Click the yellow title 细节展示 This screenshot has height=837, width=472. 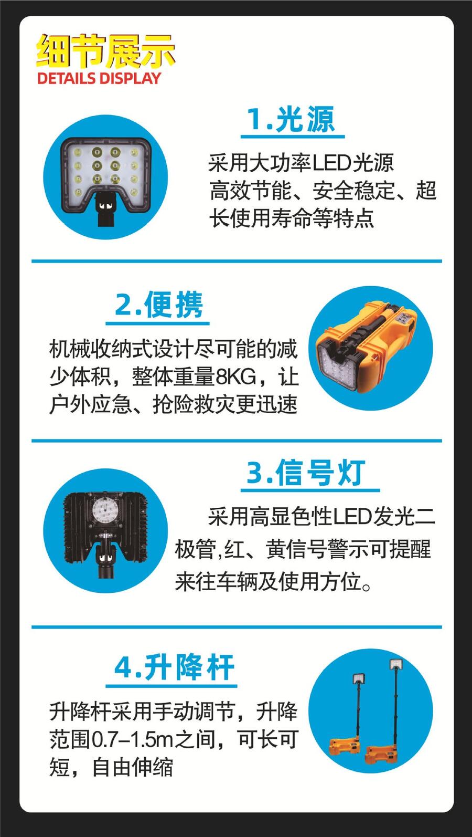[105, 50]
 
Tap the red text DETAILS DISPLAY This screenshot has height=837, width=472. [99, 78]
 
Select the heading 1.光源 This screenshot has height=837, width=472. [291, 119]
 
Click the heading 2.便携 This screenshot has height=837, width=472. [158, 305]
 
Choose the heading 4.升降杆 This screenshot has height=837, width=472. [174, 667]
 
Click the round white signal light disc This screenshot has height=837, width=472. [105, 510]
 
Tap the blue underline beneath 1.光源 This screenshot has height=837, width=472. [293, 137]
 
